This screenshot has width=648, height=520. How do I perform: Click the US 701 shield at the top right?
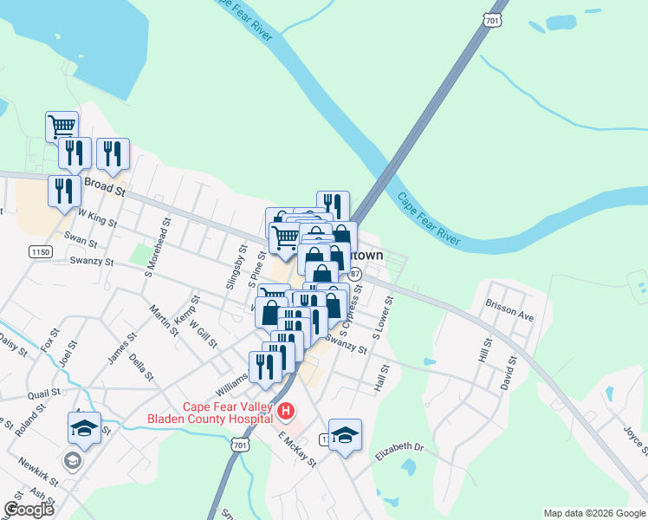(x=492, y=19)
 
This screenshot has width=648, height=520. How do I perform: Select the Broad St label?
(x=105, y=185)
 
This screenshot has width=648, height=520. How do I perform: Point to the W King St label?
(x=97, y=216)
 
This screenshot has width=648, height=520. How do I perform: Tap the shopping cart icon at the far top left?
(x=62, y=127)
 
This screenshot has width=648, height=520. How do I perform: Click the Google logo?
(x=29, y=510)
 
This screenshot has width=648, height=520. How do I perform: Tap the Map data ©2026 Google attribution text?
(x=593, y=513)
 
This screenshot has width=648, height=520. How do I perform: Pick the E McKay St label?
(x=298, y=450)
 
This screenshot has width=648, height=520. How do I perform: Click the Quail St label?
(x=42, y=393)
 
